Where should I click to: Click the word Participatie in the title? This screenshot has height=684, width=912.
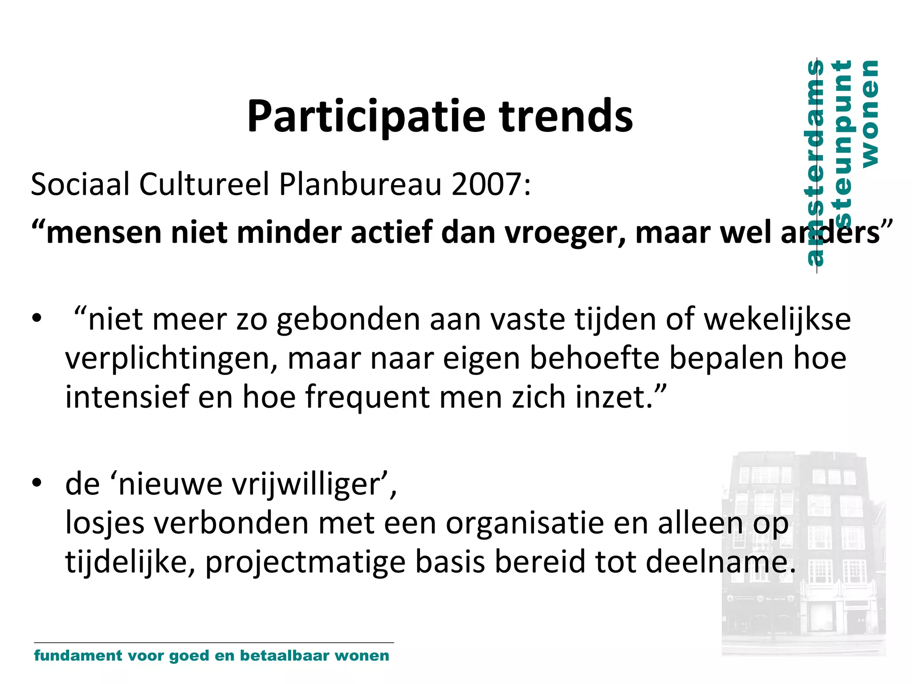[x=366, y=117]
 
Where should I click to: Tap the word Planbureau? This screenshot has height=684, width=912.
[x=360, y=184]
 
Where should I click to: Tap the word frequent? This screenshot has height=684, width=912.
[x=367, y=398]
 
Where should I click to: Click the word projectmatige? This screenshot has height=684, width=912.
[x=305, y=562]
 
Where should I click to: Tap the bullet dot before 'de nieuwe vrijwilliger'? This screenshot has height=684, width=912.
[x=37, y=483]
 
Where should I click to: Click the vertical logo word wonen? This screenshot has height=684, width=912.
[x=870, y=114]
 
